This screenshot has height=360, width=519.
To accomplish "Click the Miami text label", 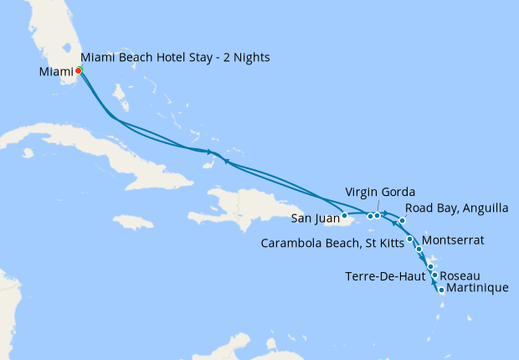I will pyautogui.click(x=56, y=71).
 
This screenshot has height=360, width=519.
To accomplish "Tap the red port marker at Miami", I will pyautogui.click(x=78, y=70).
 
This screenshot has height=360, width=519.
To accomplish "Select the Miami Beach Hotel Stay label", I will pyautogui.click(x=175, y=57).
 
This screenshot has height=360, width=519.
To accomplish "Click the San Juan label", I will pyautogui.click(x=315, y=220).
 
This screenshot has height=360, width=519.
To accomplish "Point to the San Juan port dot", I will pyautogui.click(x=344, y=216).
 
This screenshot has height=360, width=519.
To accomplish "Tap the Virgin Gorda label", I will pyautogui.click(x=380, y=193).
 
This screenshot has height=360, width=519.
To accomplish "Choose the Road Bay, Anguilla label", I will pyautogui.click(x=455, y=209).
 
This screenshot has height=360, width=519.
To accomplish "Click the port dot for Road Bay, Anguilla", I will pyautogui.click(x=403, y=220).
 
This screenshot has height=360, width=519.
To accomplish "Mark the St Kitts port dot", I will pyautogui.click(x=409, y=240).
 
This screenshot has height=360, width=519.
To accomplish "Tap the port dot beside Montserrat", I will pyautogui.click(x=419, y=249).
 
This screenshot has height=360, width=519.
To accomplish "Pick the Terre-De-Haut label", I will pyautogui.click(x=385, y=276).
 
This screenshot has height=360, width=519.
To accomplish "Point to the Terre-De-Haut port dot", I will pyautogui.click(x=430, y=267).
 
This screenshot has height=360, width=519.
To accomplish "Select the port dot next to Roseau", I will pyautogui.click(x=434, y=275).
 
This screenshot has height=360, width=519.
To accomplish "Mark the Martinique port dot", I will pyautogui.click(x=441, y=291).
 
